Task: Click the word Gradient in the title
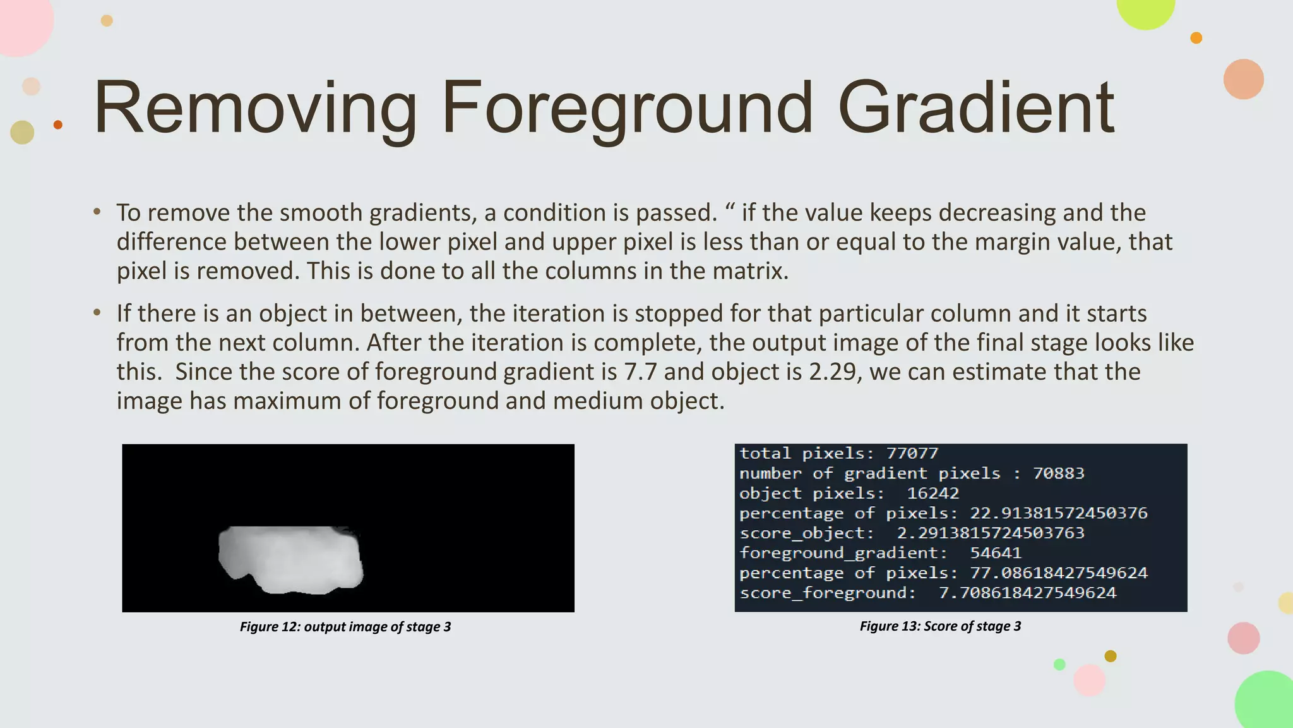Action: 976,107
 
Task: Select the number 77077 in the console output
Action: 912,453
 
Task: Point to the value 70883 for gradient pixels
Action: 1058,473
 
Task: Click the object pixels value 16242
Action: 933,493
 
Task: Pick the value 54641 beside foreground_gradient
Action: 996,553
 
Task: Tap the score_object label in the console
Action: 806,533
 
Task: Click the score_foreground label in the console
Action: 827,593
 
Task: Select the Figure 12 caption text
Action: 345,627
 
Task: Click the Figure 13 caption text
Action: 940,626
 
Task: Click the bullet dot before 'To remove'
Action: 97,212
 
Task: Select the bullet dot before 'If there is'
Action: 97,313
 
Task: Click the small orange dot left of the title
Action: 58,124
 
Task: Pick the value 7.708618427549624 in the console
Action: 1027,593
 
